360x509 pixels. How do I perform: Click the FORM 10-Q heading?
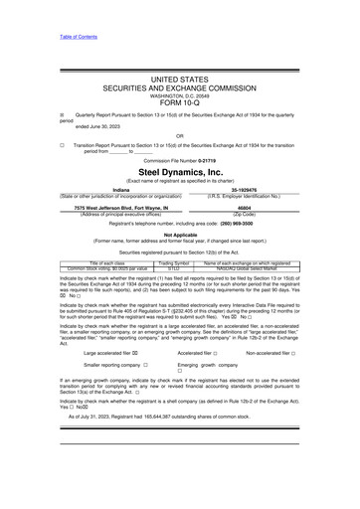179,102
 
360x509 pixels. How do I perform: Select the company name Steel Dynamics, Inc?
179,171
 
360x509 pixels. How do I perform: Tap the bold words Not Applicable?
179,235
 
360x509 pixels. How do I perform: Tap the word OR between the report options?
179,135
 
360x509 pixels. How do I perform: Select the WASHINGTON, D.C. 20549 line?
179,93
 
